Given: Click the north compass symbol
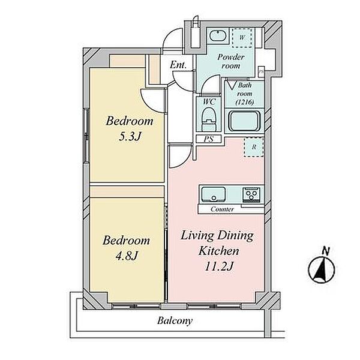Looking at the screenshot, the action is click(x=321, y=270).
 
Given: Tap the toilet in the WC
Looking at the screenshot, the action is click(x=209, y=119).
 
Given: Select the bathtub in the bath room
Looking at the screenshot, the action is click(x=245, y=121).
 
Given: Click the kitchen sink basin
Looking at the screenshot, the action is click(x=213, y=194).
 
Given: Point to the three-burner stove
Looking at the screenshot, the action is click(x=252, y=194).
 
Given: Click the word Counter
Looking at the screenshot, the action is click(x=222, y=209).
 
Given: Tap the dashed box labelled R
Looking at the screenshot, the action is click(x=253, y=147).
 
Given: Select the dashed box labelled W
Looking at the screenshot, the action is click(x=242, y=38).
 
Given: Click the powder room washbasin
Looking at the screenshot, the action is click(x=218, y=36).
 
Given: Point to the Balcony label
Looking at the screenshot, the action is click(x=175, y=321).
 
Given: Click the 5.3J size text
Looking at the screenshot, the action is click(x=130, y=137).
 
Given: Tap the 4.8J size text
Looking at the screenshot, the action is click(x=126, y=256).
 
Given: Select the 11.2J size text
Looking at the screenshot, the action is click(x=219, y=266).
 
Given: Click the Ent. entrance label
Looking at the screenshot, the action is click(x=178, y=65).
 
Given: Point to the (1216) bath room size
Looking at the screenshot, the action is click(x=245, y=102).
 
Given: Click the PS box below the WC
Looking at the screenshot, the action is click(x=209, y=139).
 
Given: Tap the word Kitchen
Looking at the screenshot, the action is click(x=218, y=251).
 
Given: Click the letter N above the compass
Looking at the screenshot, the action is click(x=326, y=251).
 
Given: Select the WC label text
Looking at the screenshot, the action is click(x=209, y=102).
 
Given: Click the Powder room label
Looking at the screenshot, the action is click(x=230, y=61).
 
